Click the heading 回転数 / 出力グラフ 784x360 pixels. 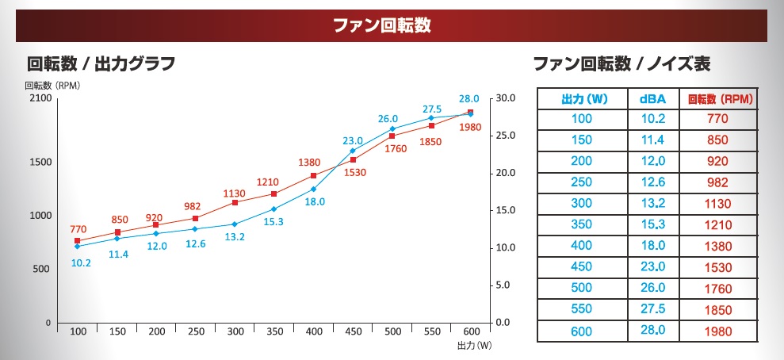(101, 63)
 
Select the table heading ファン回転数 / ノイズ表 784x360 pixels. (621, 63)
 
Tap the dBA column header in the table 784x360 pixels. (652, 99)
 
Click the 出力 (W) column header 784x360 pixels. (583, 99)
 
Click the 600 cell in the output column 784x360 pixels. (583, 332)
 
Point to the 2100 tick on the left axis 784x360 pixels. (40, 98)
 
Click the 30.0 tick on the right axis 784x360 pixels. (505, 98)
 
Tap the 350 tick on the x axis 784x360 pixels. (274, 331)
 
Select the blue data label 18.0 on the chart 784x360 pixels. (316, 201)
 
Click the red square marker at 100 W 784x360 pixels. (78, 240)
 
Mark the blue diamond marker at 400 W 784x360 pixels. (314, 189)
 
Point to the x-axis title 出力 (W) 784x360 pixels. (475, 347)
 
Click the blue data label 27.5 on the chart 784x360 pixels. (431, 109)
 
